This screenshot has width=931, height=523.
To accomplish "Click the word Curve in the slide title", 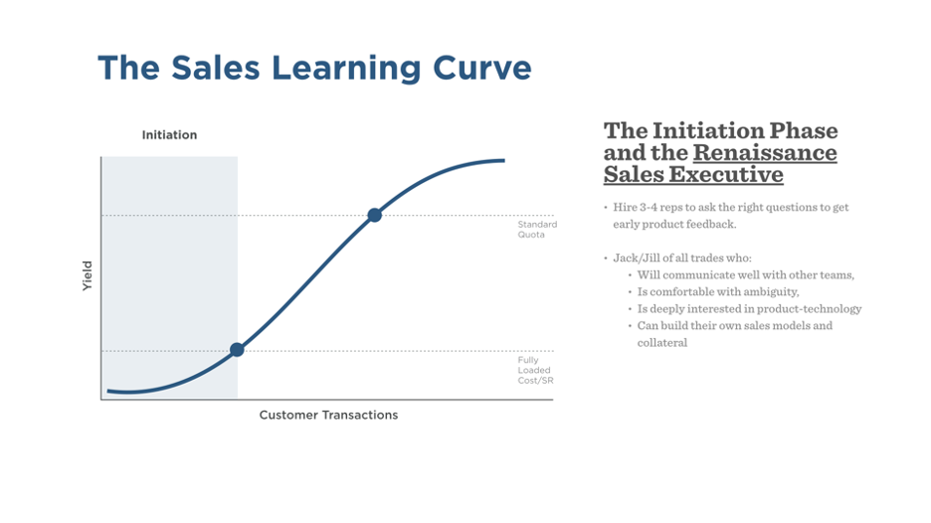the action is pyautogui.click(x=482, y=68).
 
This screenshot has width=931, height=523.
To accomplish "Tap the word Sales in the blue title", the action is pyautogui.click(x=216, y=68).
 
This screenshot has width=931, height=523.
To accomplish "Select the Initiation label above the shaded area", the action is pyautogui.click(x=169, y=135).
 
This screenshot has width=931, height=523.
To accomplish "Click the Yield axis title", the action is pyautogui.click(x=88, y=276).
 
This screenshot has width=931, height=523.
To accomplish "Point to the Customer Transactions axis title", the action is pyautogui.click(x=328, y=415).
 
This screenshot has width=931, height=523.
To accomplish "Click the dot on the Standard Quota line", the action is pyautogui.click(x=374, y=215).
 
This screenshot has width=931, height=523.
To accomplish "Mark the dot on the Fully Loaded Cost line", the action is pyautogui.click(x=237, y=350).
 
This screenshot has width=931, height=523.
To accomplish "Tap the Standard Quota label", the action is pyautogui.click(x=537, y=229).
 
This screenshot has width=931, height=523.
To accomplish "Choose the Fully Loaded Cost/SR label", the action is pyautogui.click(x=535, y=370).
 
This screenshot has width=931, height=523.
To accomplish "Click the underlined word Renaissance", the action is pyautogui.click(x=765, y=152).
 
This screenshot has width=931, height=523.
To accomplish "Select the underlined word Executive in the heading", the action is pyautogui.click(x=725, y=175).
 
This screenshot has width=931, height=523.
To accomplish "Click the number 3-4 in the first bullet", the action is pyautogui.click(x=649, y=207).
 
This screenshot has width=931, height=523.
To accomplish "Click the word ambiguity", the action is pyautogui.click(x=767, y=292).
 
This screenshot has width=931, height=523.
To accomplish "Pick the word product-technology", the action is pyautogui.click(x=810, y=309).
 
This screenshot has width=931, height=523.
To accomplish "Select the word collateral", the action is pyautogui.click(x=662, y=343).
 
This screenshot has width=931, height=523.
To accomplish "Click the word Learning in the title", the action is pyautogui.click(x=346, y=69).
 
